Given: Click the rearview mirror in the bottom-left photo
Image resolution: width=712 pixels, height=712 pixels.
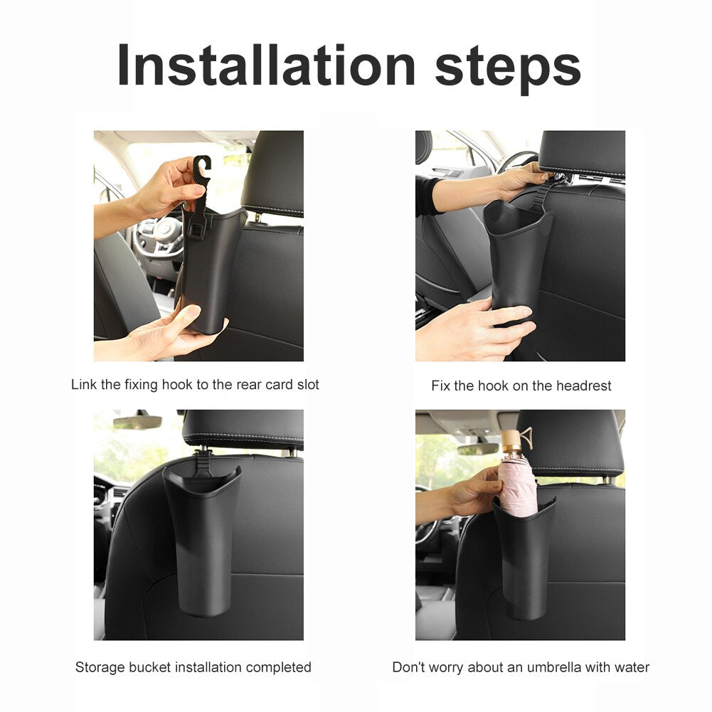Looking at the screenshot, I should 137,422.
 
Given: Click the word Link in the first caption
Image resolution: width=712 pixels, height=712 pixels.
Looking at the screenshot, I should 83,385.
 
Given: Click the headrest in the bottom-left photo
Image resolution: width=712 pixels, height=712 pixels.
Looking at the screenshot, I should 243,428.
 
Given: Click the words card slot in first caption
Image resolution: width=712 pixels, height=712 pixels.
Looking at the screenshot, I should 291,385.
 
